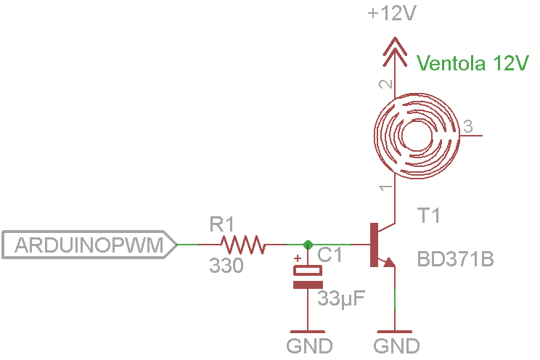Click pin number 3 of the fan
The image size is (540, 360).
point(468,125)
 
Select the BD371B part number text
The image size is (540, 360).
point(455,258)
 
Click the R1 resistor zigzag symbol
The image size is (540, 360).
point(242,245)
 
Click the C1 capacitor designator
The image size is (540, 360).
point(330,255)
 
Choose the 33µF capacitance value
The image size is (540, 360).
point(341,298)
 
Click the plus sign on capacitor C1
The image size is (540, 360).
point(296,258)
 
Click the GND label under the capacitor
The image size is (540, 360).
point(309,345)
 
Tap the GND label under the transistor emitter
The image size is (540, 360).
point(396,345)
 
